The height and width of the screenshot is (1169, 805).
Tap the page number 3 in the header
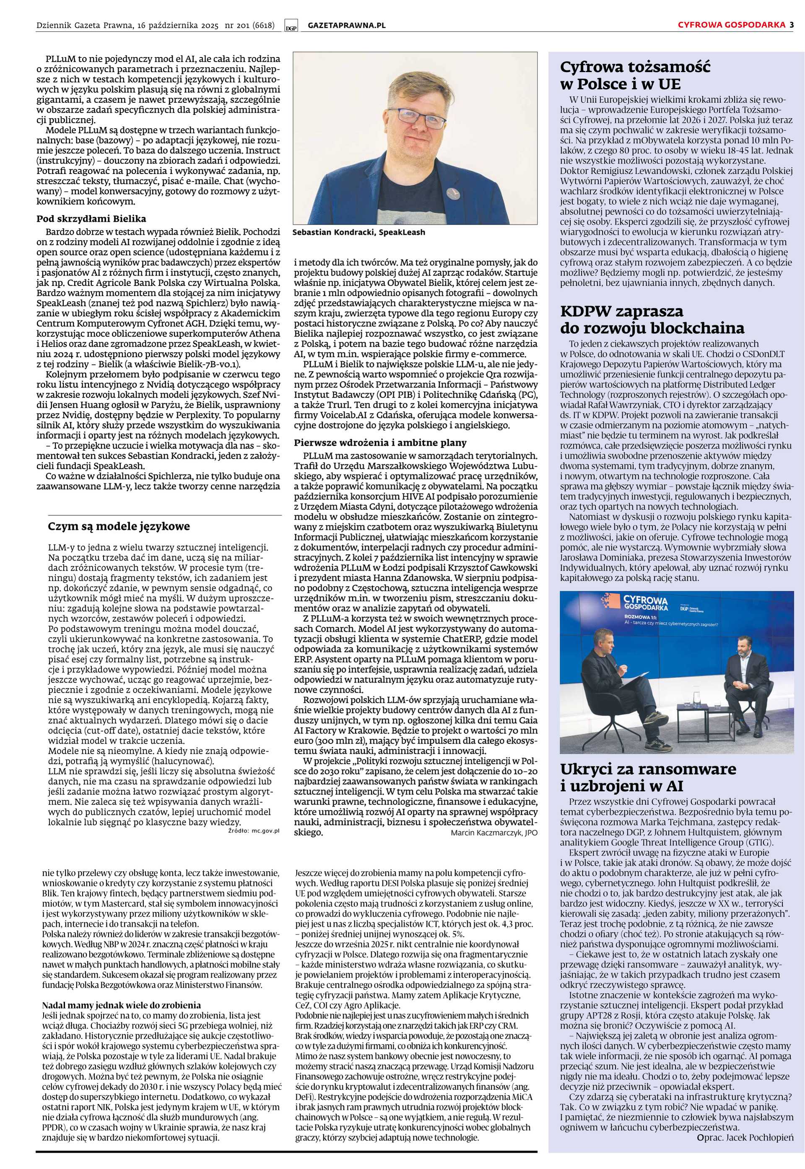(x=792, y=25)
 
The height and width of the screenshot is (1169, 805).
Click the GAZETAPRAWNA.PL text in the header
(x=346, y=25)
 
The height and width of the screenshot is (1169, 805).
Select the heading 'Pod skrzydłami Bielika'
(x=91, y=219)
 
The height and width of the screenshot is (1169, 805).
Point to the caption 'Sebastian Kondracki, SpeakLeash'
(x=358, y=232)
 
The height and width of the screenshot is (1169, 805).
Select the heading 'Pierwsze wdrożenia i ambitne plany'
(x=380, y=443)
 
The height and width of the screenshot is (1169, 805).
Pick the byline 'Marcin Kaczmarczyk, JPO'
(x=494, y=833)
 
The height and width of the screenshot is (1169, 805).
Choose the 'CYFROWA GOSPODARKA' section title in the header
(x=731, y=25)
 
